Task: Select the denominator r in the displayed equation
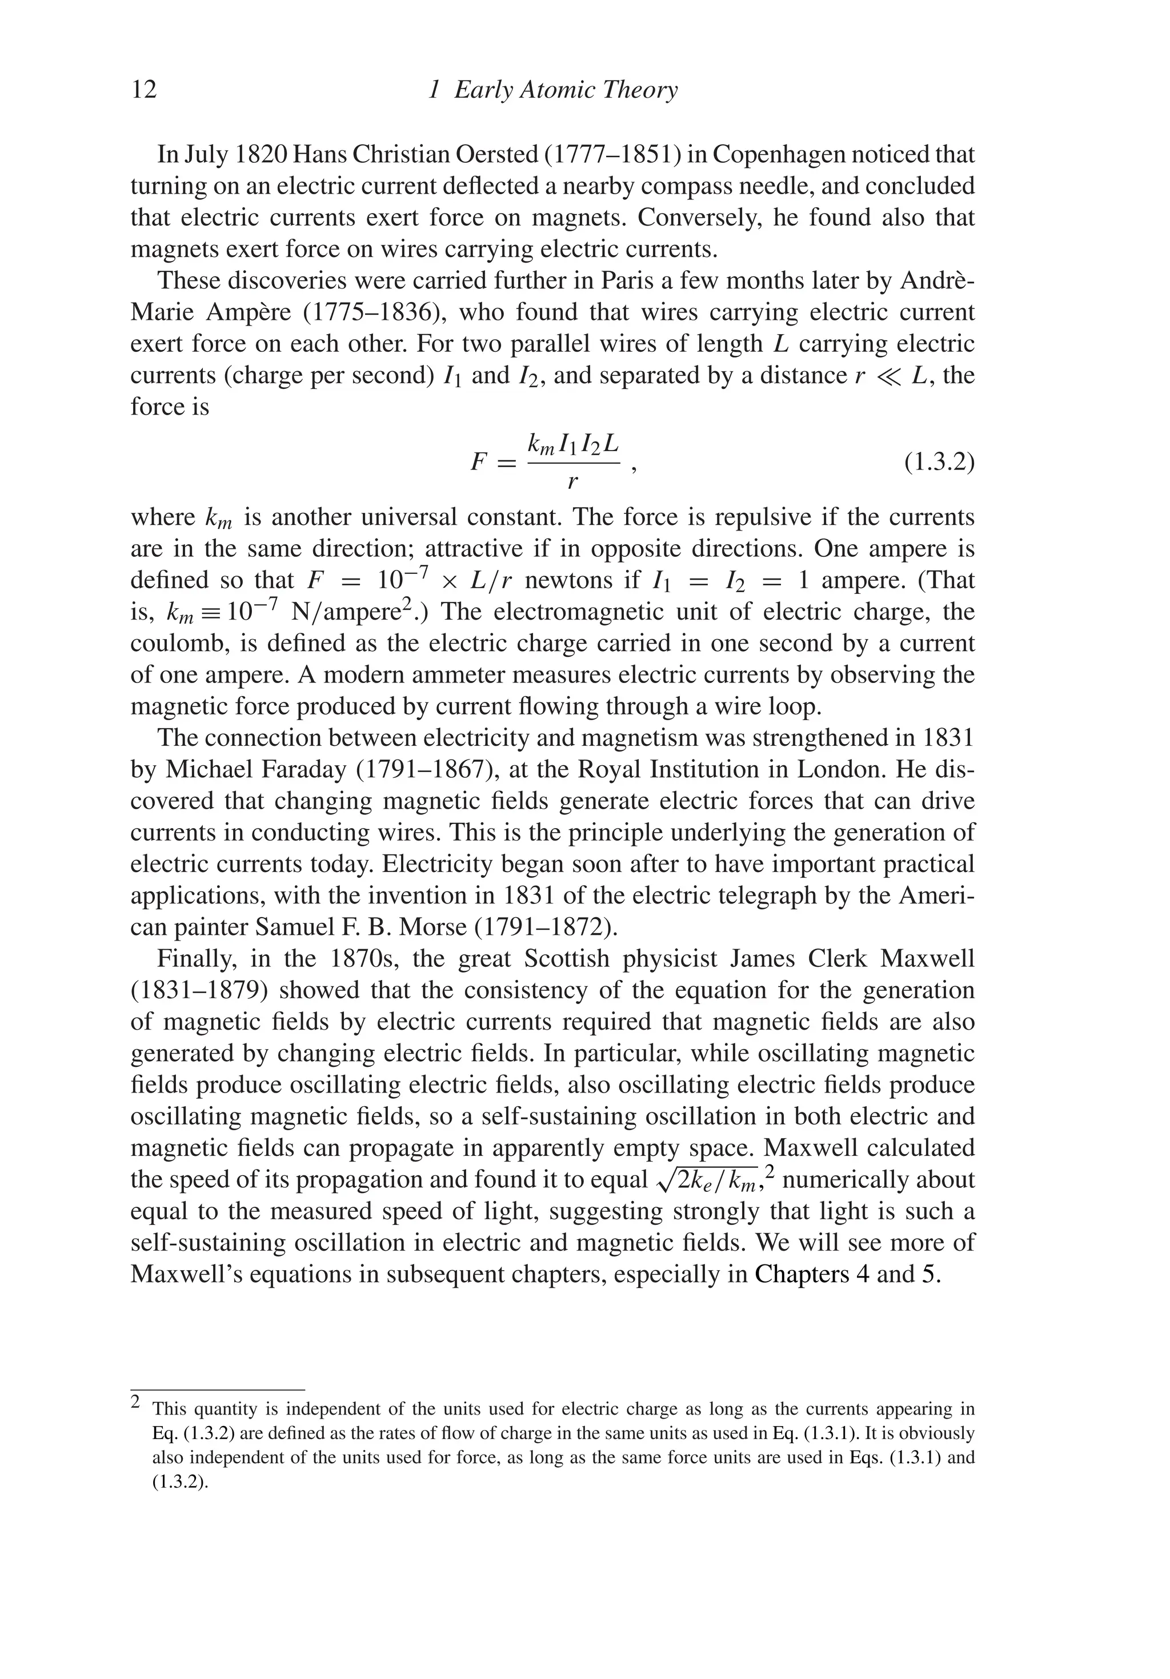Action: point(573,482)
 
